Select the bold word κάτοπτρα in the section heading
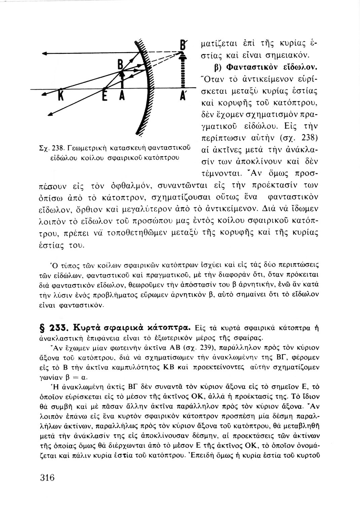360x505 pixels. pos(172,328)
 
